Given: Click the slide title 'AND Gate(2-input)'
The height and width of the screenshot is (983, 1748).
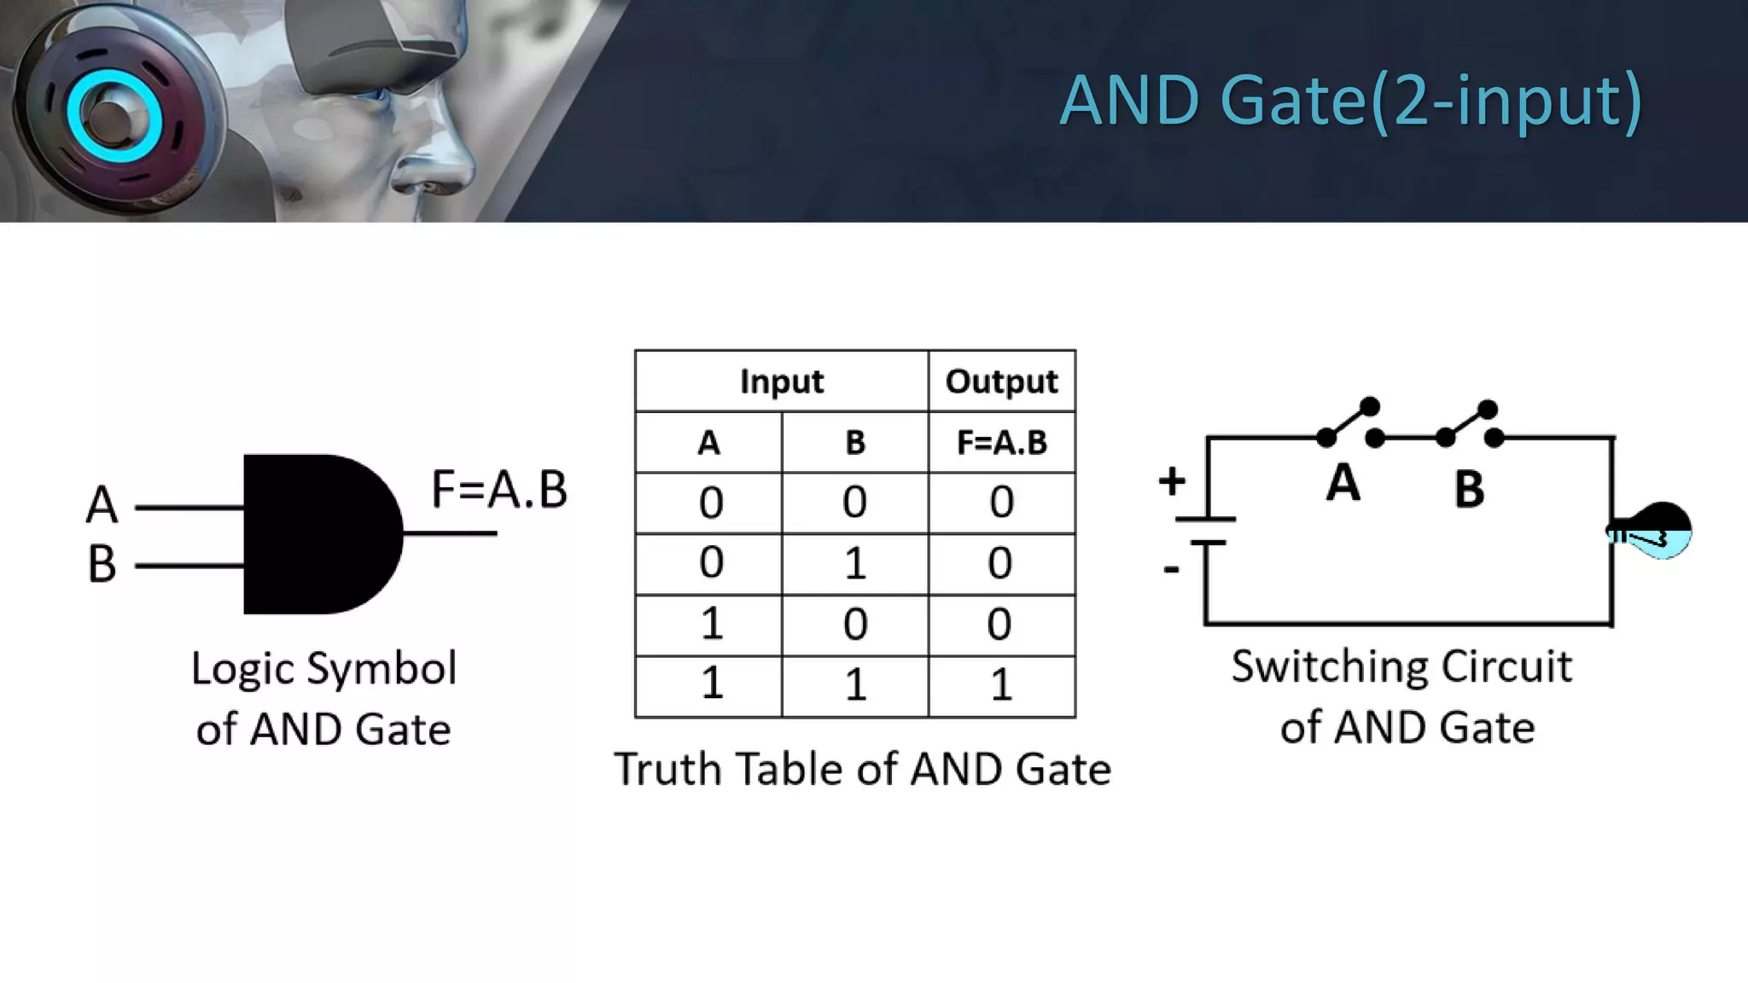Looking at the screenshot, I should [1350, 102].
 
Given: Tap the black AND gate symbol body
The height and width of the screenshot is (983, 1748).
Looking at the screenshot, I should [316, 534].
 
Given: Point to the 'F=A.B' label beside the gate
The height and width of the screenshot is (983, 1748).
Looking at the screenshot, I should [499, 490].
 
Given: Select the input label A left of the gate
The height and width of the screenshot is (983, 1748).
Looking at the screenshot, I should [102, 504].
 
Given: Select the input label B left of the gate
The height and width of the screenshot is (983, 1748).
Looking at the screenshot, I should [102, 564].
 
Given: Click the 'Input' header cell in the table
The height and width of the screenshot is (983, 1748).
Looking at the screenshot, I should [781, 381].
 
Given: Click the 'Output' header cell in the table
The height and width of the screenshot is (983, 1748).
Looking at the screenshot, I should [1001, 381].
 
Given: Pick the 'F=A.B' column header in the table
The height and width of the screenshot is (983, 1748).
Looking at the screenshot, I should [1001, 443].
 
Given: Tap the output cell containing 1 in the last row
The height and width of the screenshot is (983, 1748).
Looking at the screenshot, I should [1001, 685].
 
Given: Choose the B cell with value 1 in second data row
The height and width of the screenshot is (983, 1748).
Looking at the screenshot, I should [854, 564].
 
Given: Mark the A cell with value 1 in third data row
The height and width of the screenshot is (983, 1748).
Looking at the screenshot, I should [711, 624].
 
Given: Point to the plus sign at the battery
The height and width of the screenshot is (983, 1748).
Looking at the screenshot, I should [1172, 481].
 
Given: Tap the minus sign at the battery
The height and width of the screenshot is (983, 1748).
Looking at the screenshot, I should [1171, 569].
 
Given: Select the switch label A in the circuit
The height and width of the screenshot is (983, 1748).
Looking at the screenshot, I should [1343, 483].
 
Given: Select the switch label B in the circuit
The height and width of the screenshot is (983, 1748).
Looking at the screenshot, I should [1469, 490].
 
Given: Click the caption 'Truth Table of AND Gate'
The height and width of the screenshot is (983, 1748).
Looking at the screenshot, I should [862, 769].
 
